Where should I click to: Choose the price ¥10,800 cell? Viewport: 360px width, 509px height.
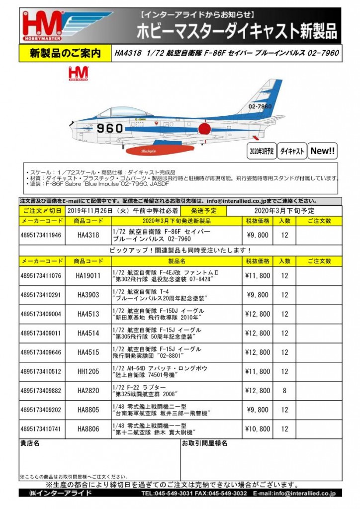(x=258, y=428)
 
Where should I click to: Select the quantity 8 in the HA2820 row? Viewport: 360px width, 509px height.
(x=284, y=390)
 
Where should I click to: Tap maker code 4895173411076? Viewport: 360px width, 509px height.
(x=41, y=275)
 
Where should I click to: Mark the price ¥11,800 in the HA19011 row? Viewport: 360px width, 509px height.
(x=258, y=275)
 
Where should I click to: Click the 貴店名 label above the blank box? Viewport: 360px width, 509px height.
(x=30, y=443)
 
